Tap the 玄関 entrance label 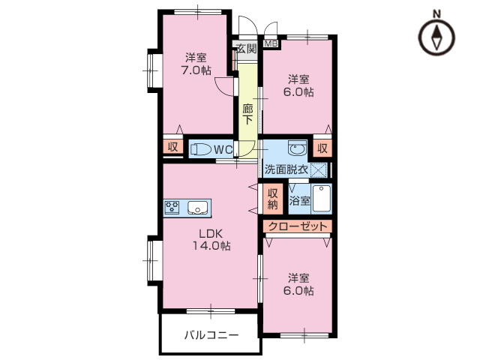(x=247, y=49)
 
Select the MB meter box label (x=270, y=43)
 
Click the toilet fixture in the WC (x=200, y=149)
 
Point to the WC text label (x=223, y=149)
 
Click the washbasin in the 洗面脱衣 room (x=296, y=147)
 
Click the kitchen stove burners (x=172, y=207)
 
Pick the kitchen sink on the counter (x=199, y=207)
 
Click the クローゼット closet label (x=298, y=226)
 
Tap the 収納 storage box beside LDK (x=272, y=198)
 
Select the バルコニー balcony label (x=211, y=335)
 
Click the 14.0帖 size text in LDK (x=211, y=246)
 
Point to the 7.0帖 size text (x=196, y=70)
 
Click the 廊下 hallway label (x=247, y=112)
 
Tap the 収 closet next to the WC (x=172, y=148)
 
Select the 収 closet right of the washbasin (x=322, y=148)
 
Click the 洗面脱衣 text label (x=286, y=169)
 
